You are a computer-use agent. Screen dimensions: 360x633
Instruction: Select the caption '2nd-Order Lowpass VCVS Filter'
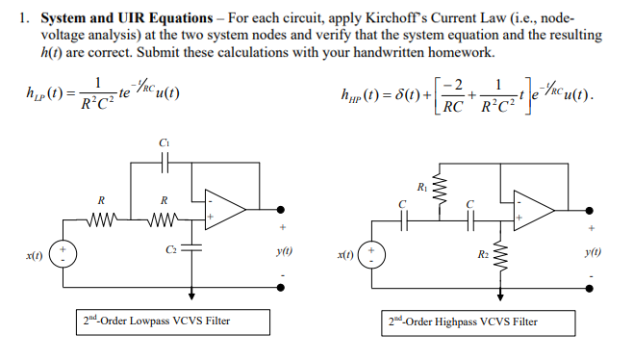155,321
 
